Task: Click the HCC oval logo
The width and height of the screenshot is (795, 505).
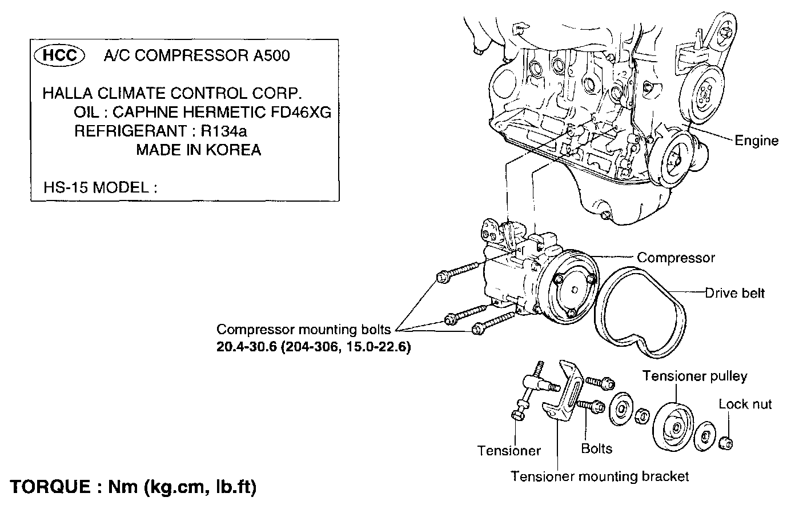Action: point(60,55)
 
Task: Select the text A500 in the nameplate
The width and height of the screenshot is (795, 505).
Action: point(271,55)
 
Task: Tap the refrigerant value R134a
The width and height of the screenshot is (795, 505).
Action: point(223,131)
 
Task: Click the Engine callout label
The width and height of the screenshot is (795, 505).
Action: point(756,141)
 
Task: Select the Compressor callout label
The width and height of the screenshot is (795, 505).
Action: point(676,258)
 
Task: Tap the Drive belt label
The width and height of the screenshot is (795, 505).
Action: point(734,293)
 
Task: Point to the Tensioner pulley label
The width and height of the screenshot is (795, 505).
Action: point(694,376)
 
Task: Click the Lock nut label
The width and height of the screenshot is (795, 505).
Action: point(745,404)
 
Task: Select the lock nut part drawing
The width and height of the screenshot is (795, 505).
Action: point(726,442)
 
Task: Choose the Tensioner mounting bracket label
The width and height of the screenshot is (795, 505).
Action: point(600,476)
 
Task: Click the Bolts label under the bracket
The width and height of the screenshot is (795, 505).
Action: point(596,448)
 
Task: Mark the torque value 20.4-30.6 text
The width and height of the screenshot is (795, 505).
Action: point(247,347)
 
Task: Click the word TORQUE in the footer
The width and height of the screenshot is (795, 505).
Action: point(49,487)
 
